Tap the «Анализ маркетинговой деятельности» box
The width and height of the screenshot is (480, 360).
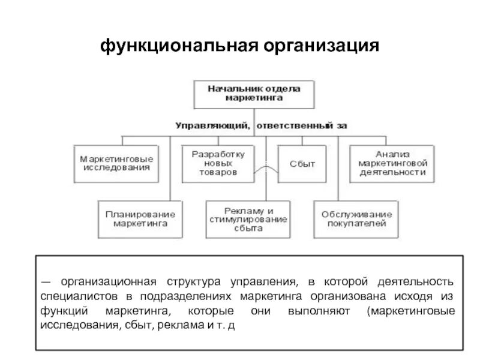[x=393, y=163]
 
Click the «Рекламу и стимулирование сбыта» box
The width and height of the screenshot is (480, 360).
[x=248, y=220]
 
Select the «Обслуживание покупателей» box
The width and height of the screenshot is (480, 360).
[x=356, y=219]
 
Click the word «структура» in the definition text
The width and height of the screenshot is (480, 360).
[x=187, y=281]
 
